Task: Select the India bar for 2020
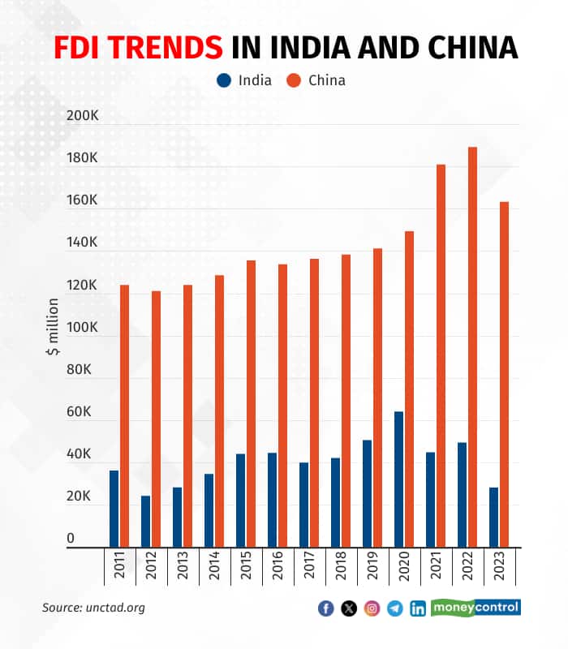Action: pos(398,479)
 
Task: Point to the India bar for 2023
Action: pos(493,518)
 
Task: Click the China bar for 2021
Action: pos(441,356)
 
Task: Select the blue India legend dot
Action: pos(224,80)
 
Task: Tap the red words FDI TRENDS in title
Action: pos(138,47)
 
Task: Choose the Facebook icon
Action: pos(326,608)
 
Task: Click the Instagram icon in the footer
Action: pos(372,608)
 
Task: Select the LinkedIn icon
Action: pos(418,608)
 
